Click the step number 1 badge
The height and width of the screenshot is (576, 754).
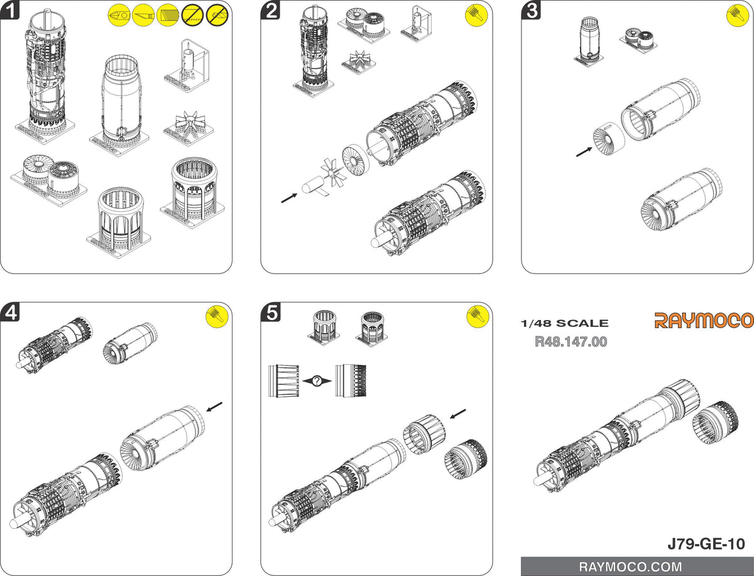point(9,9)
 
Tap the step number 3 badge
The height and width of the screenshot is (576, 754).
point(531,9)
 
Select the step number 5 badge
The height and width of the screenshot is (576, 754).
point(270,312)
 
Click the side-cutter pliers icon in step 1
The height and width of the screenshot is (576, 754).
point(119,15)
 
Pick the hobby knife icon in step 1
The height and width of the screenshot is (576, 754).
point(143,15)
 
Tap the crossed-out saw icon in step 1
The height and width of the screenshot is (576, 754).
point(192,15)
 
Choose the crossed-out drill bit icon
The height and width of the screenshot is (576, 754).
point(217,15)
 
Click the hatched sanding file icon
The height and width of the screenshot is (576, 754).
point(168,15)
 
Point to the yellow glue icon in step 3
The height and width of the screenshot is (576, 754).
point(738,15)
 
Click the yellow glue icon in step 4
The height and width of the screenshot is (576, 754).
point(217,316)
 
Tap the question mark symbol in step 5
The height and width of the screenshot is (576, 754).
point(317,381)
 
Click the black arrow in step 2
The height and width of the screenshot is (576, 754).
point(289,198)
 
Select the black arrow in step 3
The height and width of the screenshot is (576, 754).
point(584,152)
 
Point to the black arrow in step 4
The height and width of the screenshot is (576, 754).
point(214,407)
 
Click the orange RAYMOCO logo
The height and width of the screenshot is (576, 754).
point(704,320)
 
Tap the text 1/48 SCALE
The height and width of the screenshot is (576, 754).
point(564,323)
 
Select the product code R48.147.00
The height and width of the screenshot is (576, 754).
point(571,341)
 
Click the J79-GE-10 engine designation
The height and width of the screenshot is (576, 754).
point(706,544)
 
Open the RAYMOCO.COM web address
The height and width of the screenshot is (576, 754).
point(630,567)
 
